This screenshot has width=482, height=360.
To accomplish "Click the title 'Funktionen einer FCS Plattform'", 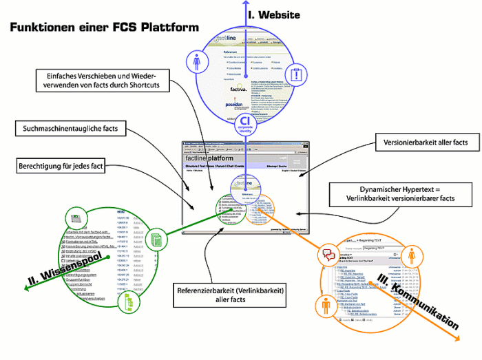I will click(x=103, y=27).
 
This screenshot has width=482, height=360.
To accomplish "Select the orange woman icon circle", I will click(x=412, y=257).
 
